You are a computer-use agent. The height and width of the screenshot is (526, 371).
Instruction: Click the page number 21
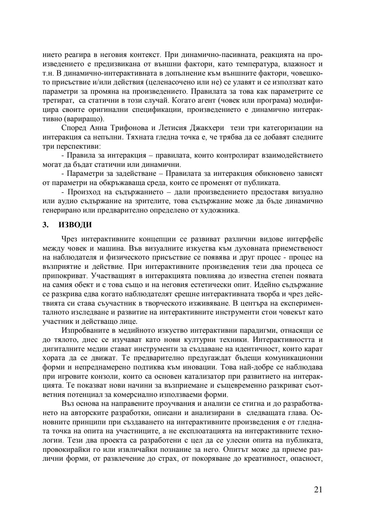[318, 490]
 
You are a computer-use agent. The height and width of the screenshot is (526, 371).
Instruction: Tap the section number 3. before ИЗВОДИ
[45, 225]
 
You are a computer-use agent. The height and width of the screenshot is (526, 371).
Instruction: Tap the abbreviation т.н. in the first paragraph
[49, 73]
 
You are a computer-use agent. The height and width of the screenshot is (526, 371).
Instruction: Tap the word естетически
[241, 284]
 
